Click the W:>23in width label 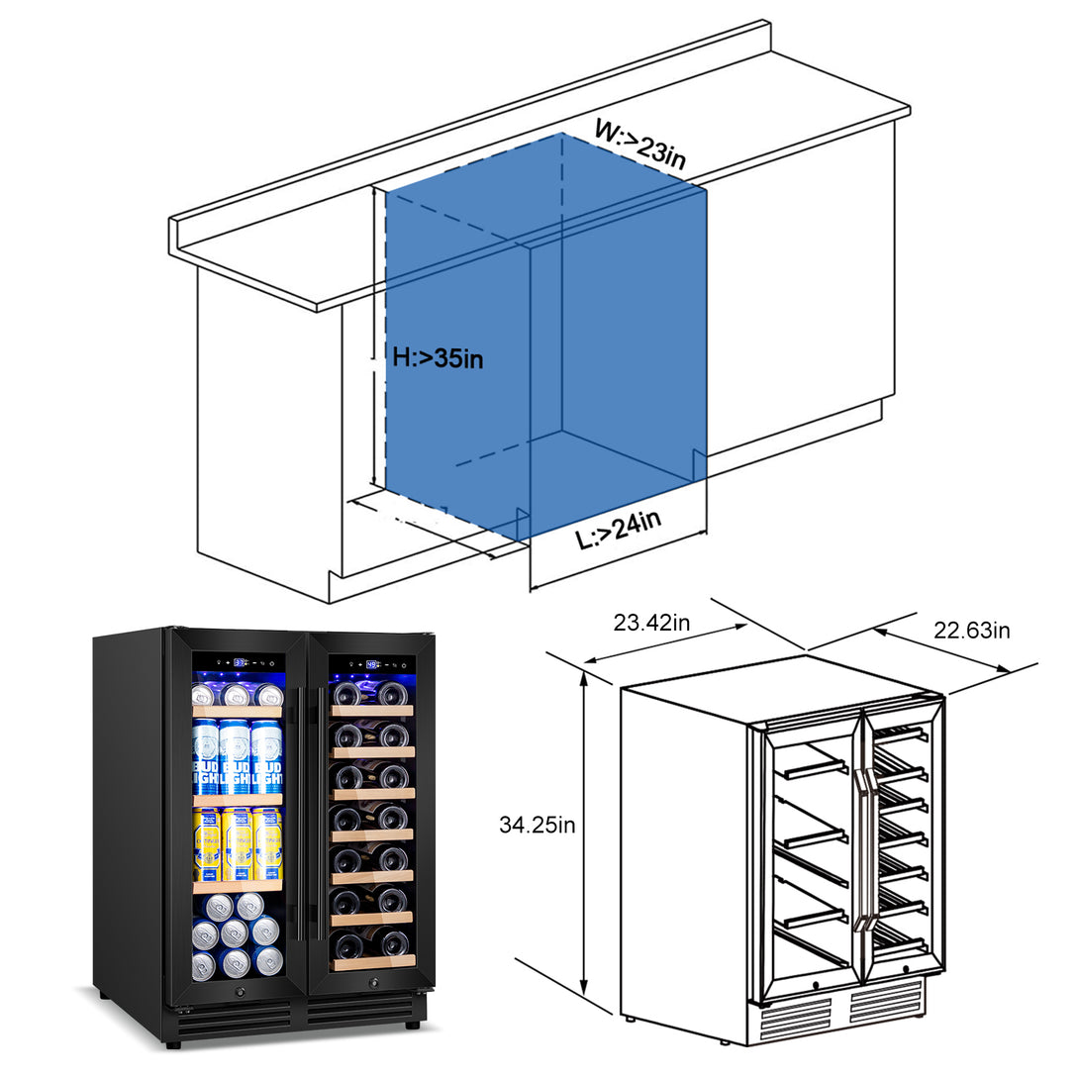tap(640, 143)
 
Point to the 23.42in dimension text tap(651, 623)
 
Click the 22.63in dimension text tap(972, 631)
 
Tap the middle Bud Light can tap(236, 757)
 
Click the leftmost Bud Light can tap(206, 757)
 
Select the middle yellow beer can tap(238, 843)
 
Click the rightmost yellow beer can tap(267, 843)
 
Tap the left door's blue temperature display tap(240, 662)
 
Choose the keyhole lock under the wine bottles tap(374, 982)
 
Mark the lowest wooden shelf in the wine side tap(372, 962)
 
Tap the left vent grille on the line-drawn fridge tap(795, 1017)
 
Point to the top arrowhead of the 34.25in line tap(585, 674)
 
